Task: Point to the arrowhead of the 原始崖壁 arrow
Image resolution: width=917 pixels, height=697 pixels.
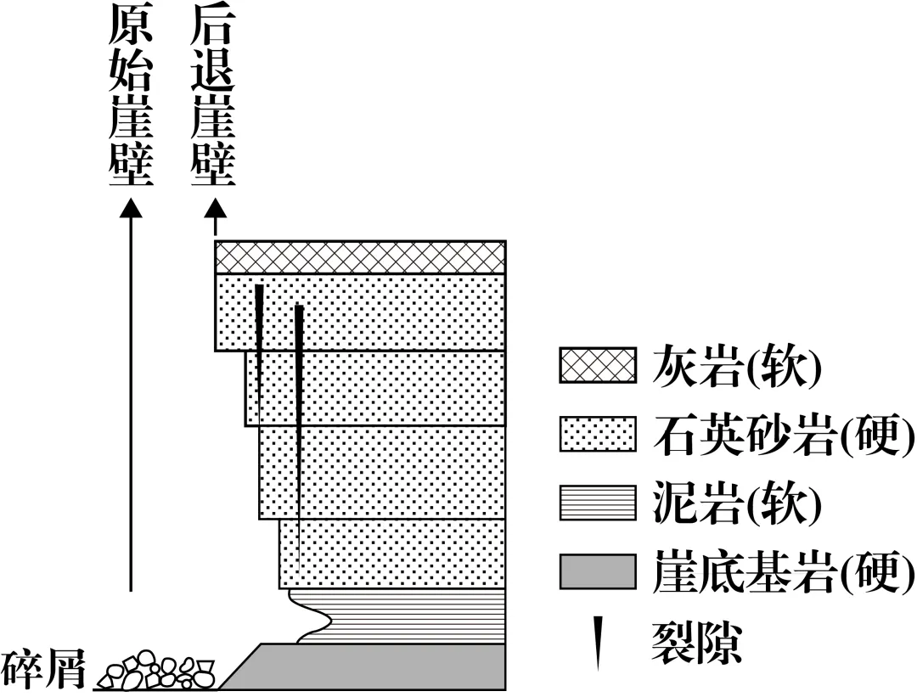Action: pyautogui.click(x=131, y=210)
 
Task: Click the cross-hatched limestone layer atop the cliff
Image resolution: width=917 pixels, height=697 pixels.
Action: pyautogui.click(x=361, y=257)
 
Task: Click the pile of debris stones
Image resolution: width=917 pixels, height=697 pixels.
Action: pyautogui.click(x=157, y=670)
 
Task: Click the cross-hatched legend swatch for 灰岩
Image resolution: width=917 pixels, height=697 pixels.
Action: pyautogui.click(x=597, y=367)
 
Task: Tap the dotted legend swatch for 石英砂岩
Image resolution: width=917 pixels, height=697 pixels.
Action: pyautogui.click(x=597, y=435)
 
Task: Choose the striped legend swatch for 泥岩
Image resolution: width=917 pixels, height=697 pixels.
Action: pyautogui.click(x=597, y=503)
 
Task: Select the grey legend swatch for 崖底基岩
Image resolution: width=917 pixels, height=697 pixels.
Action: pyautogui.click(x=597, y=571)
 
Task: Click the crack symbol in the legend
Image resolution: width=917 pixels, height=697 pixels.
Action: pyautogui.click(x=599, y=639)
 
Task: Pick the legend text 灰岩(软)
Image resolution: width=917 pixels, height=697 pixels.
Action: pyautogui.click(x=737, y=367)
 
